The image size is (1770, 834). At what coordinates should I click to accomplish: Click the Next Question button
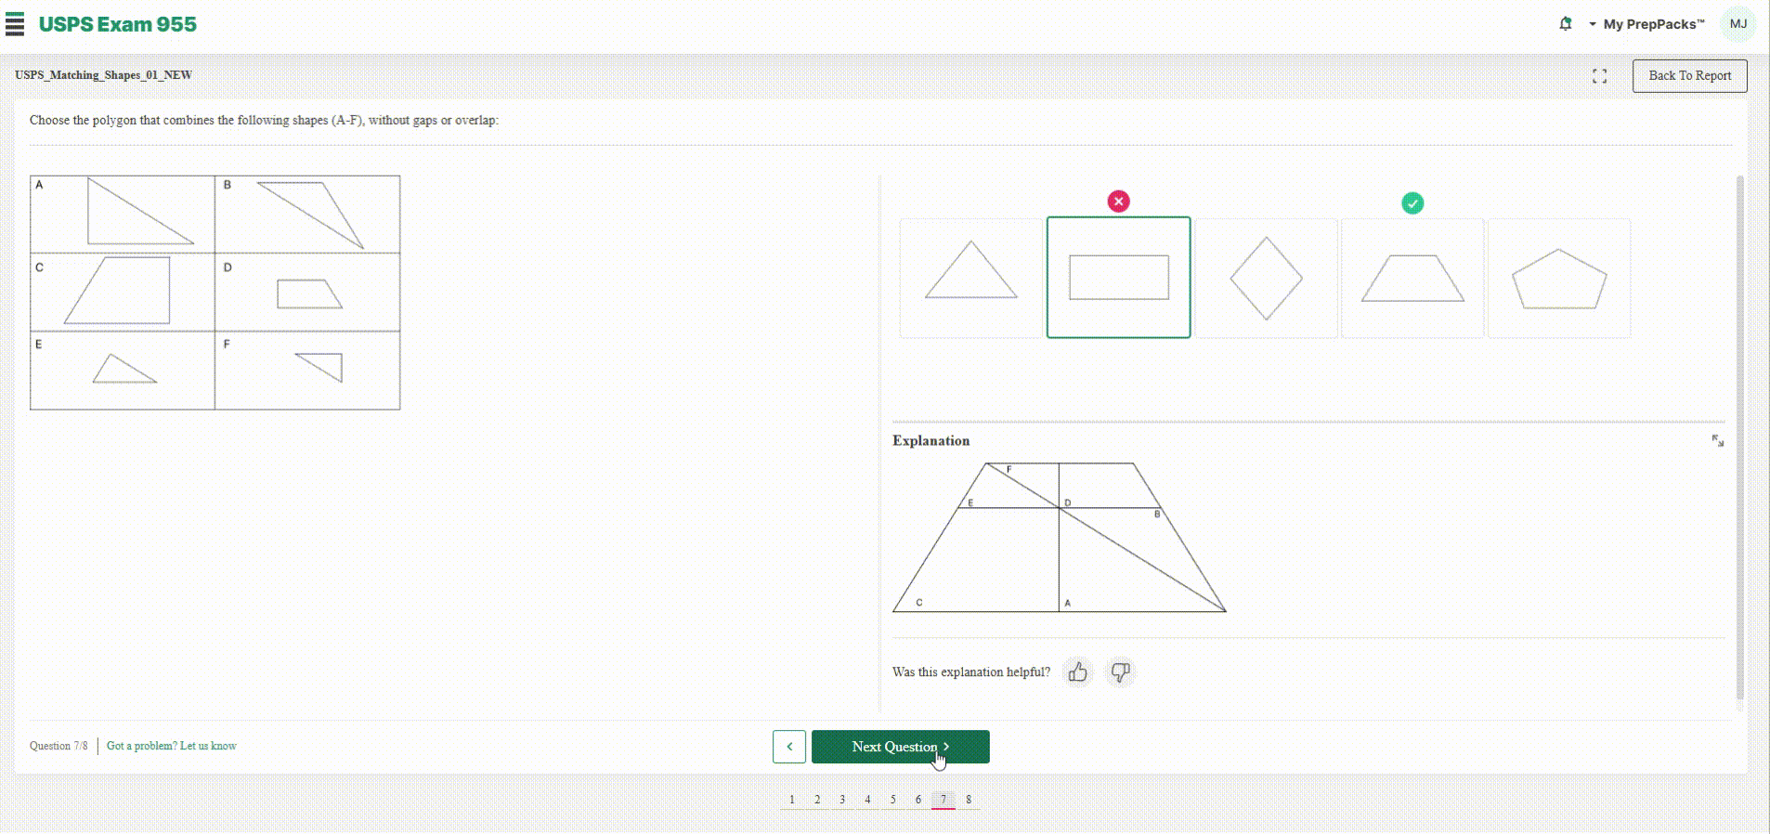900,747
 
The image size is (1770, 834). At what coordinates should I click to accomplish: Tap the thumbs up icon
1077,671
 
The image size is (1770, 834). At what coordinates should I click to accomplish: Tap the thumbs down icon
1121,671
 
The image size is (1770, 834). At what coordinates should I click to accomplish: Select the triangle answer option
971,278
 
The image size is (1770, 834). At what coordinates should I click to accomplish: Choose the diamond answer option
1267,278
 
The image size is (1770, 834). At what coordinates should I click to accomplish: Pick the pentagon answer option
1559,278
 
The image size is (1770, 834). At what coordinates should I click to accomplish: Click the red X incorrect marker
1119,202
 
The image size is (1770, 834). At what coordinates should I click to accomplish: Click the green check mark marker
1412,203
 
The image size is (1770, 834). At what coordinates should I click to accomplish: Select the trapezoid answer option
1412,278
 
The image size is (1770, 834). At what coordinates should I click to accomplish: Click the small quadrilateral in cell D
309,294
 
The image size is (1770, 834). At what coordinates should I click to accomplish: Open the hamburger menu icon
15,24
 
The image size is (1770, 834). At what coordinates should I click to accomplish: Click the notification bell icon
1566,24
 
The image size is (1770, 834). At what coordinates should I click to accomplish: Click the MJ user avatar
1738,24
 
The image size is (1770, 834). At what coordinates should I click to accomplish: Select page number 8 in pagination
969,799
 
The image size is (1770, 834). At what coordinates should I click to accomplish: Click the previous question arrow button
789,747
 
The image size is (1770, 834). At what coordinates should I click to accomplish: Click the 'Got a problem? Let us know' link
172,746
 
